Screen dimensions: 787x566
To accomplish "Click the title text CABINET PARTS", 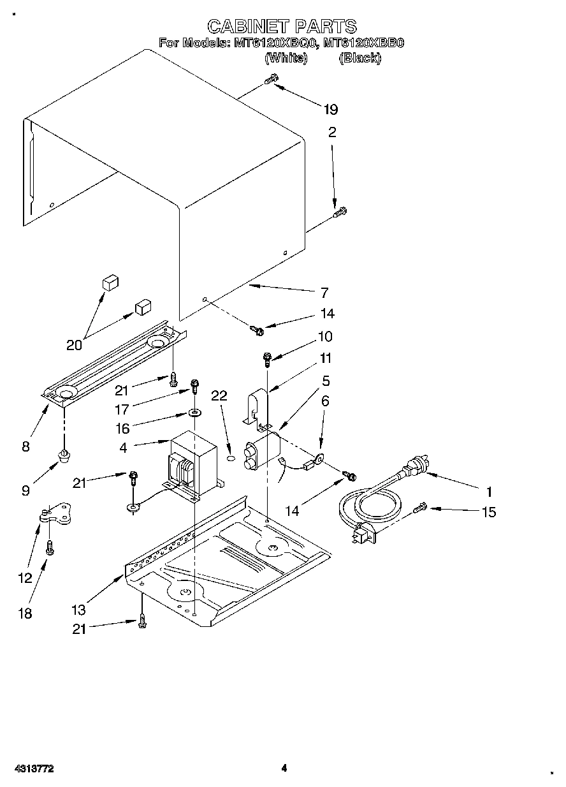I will pos(282,26).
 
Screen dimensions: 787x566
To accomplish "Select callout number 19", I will pos(330,109).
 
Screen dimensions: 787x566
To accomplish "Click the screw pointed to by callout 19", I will pos(271,80).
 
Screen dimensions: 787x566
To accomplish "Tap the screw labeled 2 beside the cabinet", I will pos(340,213).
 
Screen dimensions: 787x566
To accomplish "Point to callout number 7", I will pos(324,293).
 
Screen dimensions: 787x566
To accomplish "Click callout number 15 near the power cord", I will pos(489,511).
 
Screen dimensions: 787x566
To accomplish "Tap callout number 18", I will pos(25,613).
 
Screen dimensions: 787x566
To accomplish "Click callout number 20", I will pos(74,345).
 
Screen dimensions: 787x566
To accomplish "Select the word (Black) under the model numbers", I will pos(360,58).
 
